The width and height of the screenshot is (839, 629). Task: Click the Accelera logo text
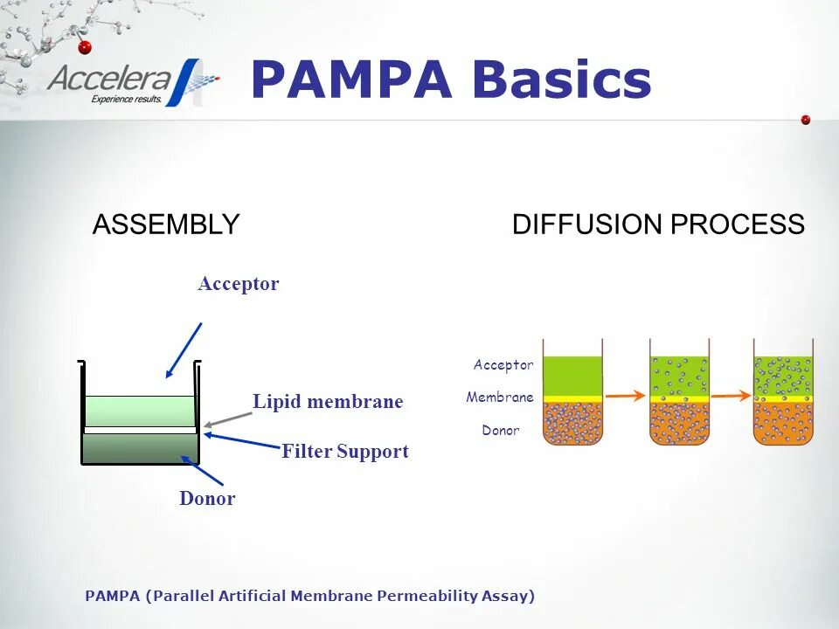coord(110,79)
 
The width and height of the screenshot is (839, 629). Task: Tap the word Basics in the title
coord(563,80)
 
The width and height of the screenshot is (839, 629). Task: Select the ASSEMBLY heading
coord(166,225)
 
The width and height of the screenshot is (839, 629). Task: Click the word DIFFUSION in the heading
coord(587,225)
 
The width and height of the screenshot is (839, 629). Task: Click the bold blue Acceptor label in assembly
coord(238,284)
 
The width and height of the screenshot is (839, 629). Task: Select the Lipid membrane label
coord(328,402)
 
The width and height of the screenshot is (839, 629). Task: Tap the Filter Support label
coord(345,452)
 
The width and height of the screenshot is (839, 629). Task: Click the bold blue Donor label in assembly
coord(207,499)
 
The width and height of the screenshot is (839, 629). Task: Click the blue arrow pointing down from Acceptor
coord(184,349)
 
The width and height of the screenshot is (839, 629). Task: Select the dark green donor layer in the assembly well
coord(140,446)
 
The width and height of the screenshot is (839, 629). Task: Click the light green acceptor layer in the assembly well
coord(140,411)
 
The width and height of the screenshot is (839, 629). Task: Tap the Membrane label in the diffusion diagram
coord(500,397)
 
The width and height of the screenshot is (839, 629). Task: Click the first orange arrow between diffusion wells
coord(626,397)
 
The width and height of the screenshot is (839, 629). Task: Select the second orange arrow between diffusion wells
coord(731,396)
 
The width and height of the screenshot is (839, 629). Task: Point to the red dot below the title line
coord(806,120)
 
